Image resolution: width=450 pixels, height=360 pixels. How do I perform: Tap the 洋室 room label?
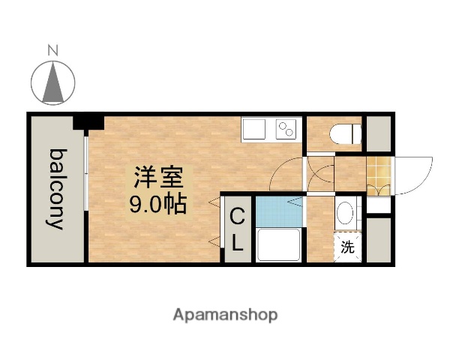[x=157, y=178]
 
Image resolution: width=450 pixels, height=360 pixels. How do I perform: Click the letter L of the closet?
[x=237, y=241]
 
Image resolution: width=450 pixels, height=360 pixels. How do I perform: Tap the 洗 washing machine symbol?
[x=347, y=247]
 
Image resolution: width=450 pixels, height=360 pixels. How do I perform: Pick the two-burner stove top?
[x=286, y=130]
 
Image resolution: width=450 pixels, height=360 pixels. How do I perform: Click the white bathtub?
[x=278, y=244]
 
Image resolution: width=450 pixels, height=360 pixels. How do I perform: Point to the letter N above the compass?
[x=53, y=51]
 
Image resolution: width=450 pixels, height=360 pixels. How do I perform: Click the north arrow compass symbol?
[x=53, y=81]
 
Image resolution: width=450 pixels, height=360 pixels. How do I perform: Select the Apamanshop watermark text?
[x=225, y=314]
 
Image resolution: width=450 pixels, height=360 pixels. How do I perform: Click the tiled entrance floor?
[x=379, y=176]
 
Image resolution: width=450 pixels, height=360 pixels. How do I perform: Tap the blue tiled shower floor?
[x=278, y=211]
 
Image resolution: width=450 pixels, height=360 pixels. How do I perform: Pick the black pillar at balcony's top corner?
[x=88, y=121]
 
